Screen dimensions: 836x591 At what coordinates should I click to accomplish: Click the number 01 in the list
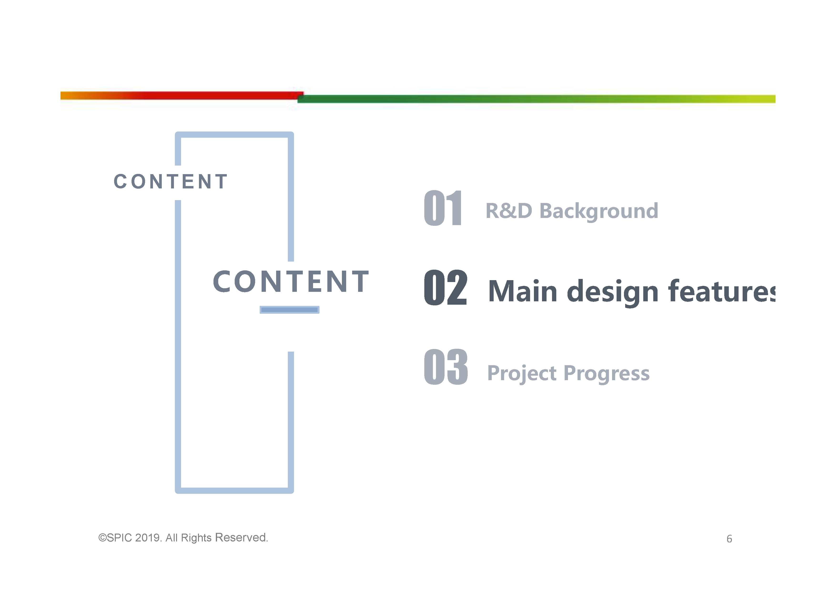pyautogui.click(x=443, y=208)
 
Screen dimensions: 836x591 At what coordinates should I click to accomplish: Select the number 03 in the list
pyautogui.click(x=446, y=367)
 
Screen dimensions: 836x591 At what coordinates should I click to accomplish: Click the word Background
pyautogui.click(x=599, y=211)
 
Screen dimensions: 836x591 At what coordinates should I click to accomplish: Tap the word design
pyautogui.click(x=613, y=293)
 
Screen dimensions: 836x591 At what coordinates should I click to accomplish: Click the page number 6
pyautogui.click(x=729, y=539)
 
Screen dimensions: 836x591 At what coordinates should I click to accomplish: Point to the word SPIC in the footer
pyautogui.click(x=119, y=538)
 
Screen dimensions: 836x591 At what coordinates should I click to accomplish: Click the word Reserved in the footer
pyautogui.click(x=241, y=537)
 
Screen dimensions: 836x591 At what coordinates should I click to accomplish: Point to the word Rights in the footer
pyautogui.click(x=196, y=538)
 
